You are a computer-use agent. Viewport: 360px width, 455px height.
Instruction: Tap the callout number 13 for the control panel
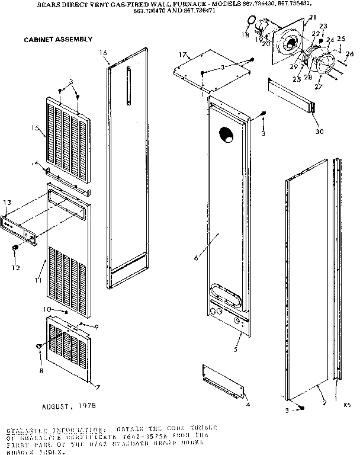point(7,203)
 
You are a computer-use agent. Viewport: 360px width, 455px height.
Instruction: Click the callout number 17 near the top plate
point(182,55)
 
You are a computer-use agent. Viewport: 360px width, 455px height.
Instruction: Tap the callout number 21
point(313,17)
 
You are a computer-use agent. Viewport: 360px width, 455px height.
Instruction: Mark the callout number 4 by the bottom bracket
point(247,405)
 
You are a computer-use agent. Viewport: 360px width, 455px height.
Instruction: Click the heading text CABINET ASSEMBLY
point(57,40)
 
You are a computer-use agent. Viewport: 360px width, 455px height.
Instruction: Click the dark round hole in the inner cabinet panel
point(226,136)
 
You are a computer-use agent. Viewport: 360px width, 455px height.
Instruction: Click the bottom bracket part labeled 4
point(224,379)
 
